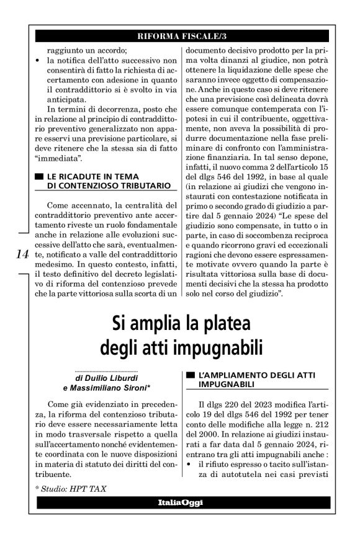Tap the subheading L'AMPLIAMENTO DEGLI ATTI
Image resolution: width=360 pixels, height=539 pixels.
[x=247, y=376]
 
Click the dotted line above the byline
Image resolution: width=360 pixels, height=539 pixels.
[x=109, y=370]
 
